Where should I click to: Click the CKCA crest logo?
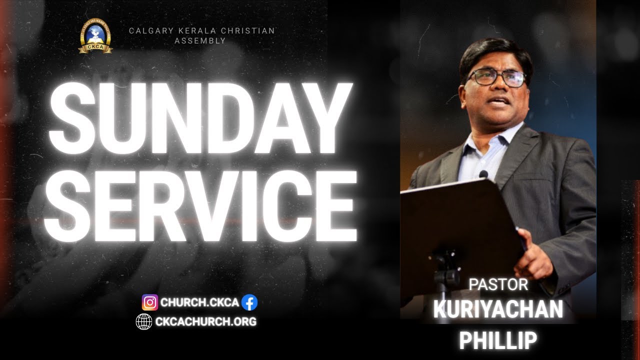(x=95, y=35)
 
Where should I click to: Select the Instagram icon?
(x=150, y=302)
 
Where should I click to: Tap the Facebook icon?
(x=249, y=302)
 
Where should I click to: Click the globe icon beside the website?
(x=144, y=321)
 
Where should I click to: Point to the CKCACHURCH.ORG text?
(x=205, y=321)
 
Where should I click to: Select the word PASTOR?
(x=498, y=284)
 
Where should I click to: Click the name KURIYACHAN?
(x=498, y=310)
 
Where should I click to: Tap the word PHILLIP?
(x=498, y=340)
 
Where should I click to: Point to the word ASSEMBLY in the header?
(x=200, y=40)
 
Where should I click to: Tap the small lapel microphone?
(x=483, y=174)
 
